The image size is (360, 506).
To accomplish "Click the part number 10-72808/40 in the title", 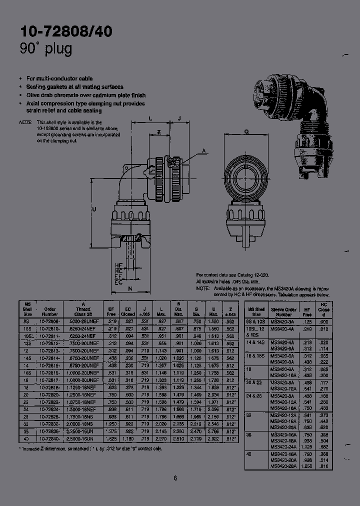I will (66, 31).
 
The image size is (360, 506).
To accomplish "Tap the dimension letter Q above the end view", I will (246, 132).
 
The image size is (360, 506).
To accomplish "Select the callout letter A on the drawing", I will (204, 150).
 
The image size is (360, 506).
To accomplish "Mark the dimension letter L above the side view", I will (150, 118).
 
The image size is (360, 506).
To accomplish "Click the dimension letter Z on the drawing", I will (158, 132).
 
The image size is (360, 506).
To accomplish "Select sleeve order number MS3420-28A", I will (283, 465).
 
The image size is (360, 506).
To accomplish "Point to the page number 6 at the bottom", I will (175, 478).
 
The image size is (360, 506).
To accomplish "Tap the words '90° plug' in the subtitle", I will (46, 49).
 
